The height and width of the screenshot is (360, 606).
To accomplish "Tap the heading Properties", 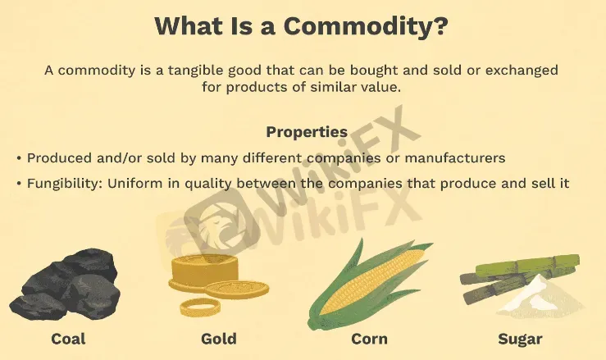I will click(x=307, y=131).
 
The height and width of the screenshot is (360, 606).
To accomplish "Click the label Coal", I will click(x=68, y=338).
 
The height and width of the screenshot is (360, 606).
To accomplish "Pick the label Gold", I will click(x=218, y=338).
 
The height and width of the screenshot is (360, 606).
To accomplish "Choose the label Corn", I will click(x=369, y=338).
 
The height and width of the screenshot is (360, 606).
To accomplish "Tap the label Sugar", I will click(x=520, y=338).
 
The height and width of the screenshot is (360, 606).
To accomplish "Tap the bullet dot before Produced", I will click(x=19, y=157).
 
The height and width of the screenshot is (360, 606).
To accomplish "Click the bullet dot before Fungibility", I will click(x=19, y=183).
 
